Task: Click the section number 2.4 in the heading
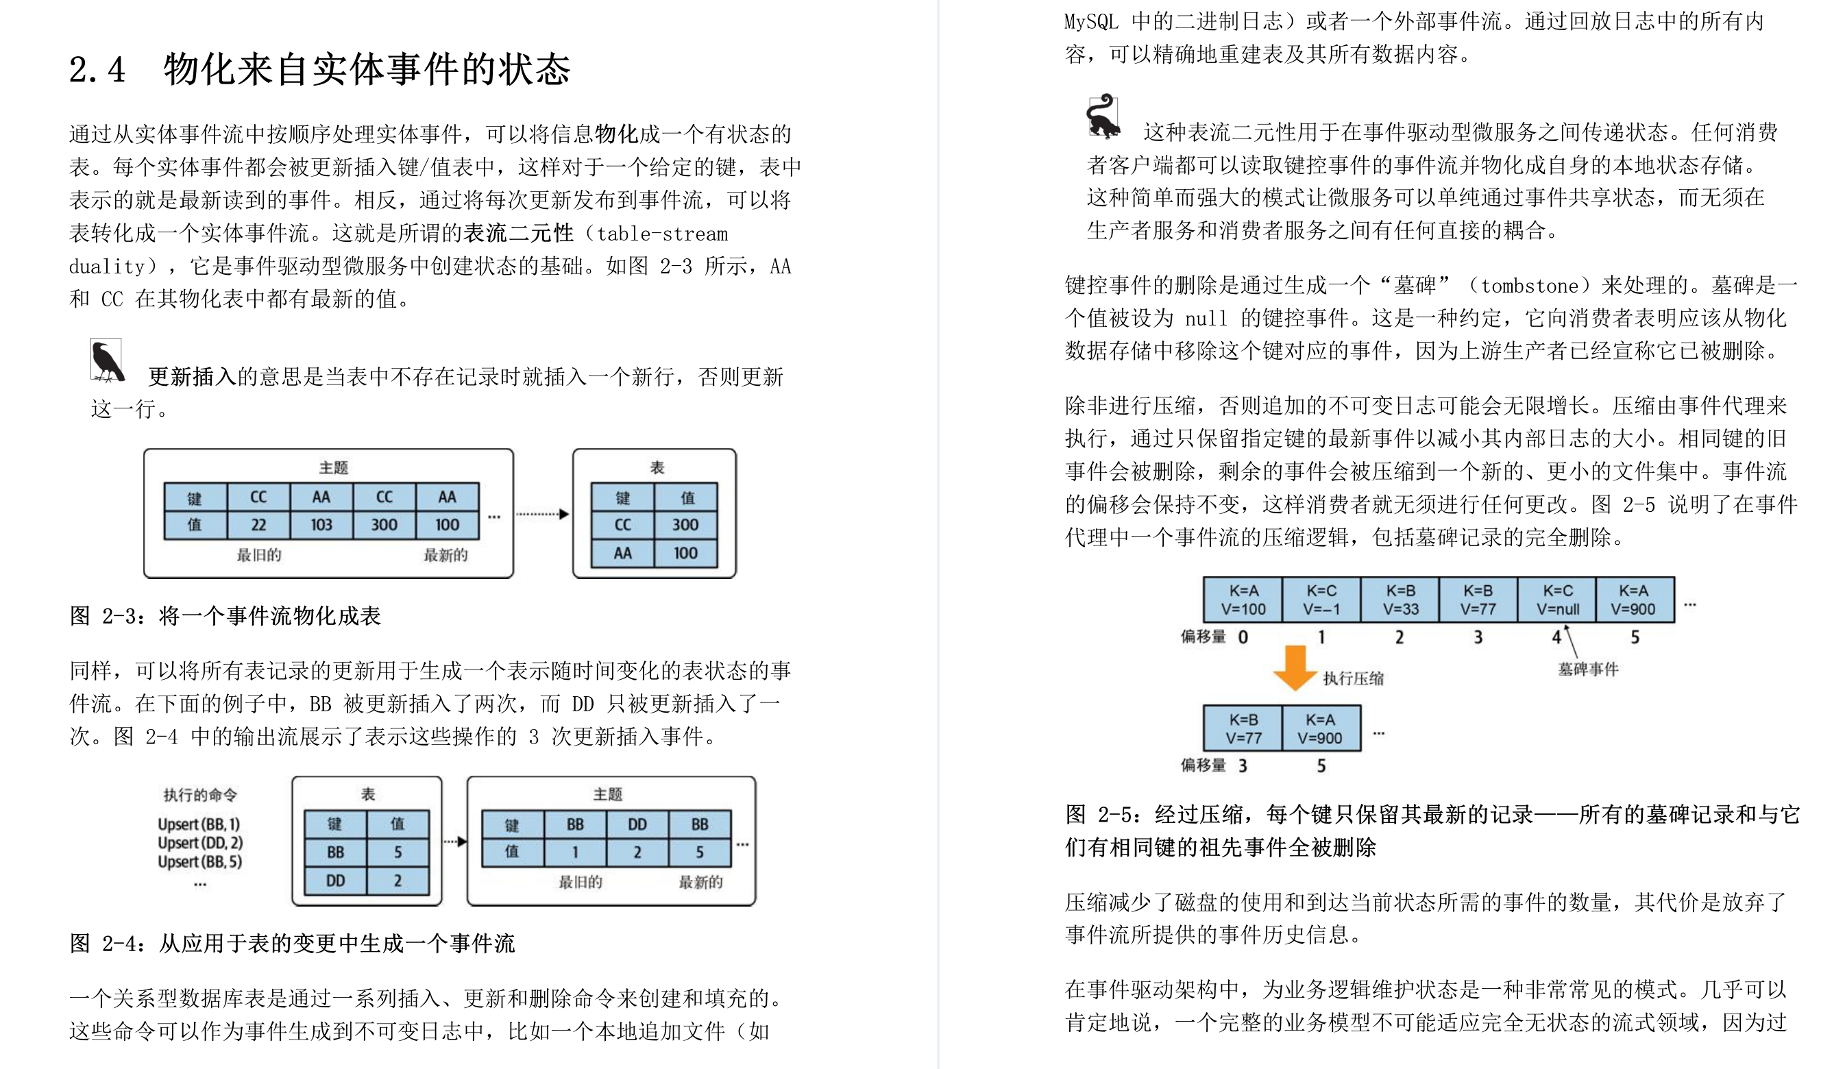97,71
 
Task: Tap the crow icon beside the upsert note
107,360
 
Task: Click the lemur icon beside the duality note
1103,116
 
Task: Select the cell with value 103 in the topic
321,525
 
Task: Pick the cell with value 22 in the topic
258,525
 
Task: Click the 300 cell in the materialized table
685,525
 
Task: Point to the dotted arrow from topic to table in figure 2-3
542,514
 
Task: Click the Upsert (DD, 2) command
200,843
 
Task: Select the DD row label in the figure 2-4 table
335,881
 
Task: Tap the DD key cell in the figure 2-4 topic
637,824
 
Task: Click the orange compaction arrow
1295,667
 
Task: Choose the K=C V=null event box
1557,600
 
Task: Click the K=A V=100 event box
1243,600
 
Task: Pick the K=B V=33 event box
1400,600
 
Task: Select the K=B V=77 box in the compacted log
1243,728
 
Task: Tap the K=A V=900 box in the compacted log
1321,728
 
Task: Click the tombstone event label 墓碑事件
1588,669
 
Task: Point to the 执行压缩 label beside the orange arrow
1353,678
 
